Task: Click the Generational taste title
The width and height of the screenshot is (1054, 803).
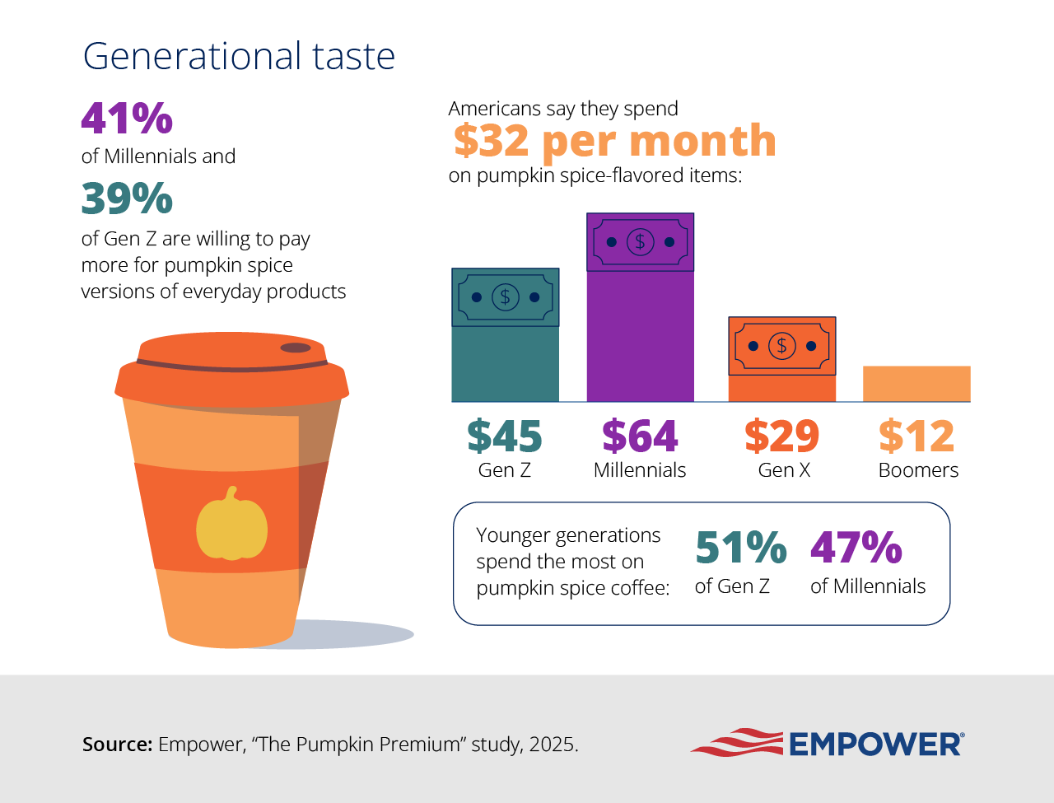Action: click(x=239, y=56)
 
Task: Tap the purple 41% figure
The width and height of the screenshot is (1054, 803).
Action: click(x=127, y=118)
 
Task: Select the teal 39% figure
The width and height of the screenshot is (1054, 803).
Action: click(x=127, y=198)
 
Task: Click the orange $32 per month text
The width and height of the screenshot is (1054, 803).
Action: click(x=614, y=141)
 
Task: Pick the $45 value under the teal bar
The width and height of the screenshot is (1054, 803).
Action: click(x=504, y=436)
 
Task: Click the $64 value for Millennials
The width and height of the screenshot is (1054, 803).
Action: click(x=640, y=436)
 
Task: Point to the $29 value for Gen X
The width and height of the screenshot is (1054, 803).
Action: click(x=781, y=436)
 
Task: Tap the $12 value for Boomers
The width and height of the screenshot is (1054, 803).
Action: click(x=916, y=436)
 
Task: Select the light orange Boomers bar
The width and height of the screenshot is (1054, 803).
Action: click(x=916, y=384)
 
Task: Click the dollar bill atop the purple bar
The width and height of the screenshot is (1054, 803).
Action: click(x=640, y=242)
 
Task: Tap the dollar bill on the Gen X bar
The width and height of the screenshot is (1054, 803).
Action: click(x=781, y=346)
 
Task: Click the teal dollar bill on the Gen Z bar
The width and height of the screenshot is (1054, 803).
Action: click(x=505, y=297)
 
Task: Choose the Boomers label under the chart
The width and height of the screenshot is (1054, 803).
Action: click(x=918, y=470)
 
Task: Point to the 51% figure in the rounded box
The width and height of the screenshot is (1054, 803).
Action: click(x=740, y=548)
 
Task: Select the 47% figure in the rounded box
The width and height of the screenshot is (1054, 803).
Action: click(x=856, y=548)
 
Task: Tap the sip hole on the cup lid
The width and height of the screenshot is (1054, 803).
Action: click(x=296, y=348)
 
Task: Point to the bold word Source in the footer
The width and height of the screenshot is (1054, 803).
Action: click(x=117, y=745)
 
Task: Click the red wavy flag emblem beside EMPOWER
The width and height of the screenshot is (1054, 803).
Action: click(x=736, y=742)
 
